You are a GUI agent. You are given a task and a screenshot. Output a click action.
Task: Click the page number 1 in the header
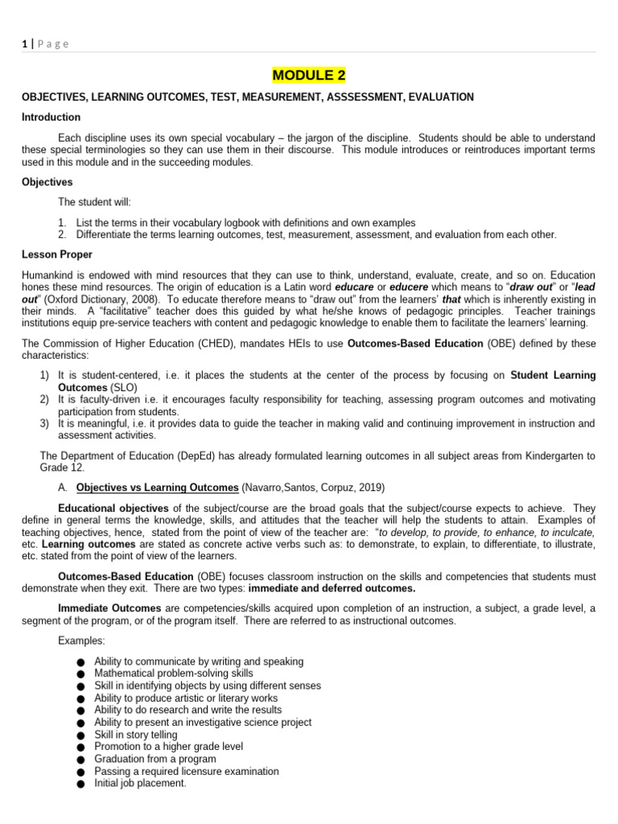click(24, 43)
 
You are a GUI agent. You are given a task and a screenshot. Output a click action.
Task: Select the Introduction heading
click(51, 117)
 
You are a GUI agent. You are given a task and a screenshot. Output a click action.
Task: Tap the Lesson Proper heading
click(57, 255)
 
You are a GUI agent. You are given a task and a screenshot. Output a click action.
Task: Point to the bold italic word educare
click(353, 287)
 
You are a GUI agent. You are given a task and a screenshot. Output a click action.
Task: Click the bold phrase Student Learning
click(553, 375)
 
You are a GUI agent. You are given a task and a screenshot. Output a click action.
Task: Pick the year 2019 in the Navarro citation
click(369, 488)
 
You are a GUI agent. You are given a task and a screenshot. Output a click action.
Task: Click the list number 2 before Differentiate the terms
click(61, 235)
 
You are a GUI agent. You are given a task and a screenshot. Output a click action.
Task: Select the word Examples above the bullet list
click(81, 641)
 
